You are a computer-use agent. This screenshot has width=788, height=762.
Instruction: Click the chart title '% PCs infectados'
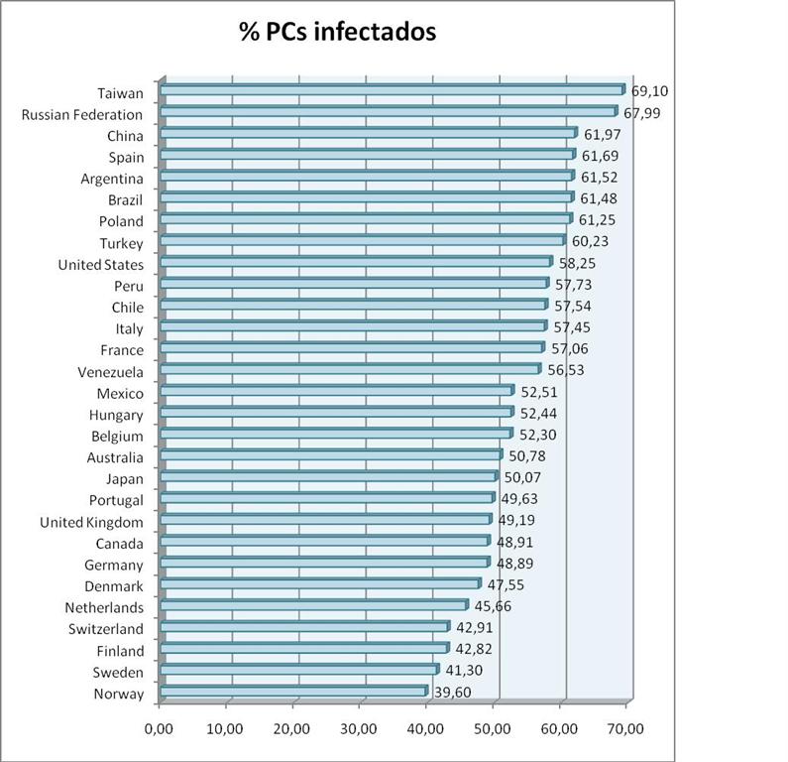[337, 32]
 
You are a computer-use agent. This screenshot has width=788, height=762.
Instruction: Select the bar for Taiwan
[392, 90]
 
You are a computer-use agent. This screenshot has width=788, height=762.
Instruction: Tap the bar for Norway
[293, 692]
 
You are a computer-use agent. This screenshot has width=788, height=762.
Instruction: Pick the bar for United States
[356, 262]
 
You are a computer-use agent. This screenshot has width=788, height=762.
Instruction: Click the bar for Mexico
[337, 391]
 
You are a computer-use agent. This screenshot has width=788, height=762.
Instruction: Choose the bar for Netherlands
[313, 605]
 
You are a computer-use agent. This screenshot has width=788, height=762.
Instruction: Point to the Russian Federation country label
[82, 115]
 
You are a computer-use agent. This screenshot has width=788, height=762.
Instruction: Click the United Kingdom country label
[91, 522]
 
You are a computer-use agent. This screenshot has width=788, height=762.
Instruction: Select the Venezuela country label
[110, 372]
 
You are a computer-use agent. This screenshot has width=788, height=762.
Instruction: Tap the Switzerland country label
[105, 629]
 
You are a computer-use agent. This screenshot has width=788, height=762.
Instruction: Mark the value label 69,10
[649, 91]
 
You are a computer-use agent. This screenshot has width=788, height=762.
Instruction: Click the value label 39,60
[453, 693]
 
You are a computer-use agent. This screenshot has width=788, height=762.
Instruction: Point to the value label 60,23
[592, 241]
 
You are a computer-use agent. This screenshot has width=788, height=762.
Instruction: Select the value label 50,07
[524, 478]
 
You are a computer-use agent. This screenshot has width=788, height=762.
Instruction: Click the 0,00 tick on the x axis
[159, 729]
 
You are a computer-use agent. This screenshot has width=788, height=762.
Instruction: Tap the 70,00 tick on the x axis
[626, 729]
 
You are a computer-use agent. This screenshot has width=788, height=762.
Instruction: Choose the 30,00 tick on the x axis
[359, 729]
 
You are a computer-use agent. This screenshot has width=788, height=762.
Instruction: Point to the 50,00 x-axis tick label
[493, 729]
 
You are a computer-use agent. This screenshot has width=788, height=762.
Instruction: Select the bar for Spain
[367, 155]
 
